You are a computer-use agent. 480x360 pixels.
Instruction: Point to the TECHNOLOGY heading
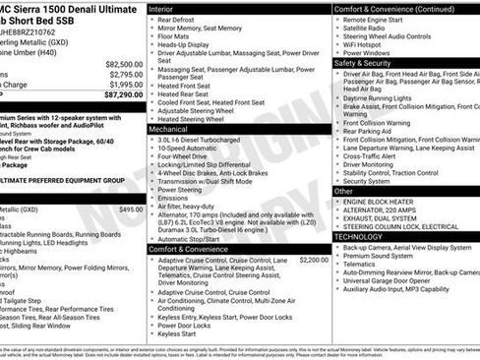359,236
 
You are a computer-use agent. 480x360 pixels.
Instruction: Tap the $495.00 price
131,210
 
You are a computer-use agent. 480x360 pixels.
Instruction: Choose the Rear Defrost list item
178,20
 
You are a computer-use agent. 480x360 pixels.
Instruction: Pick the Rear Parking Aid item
370,131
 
